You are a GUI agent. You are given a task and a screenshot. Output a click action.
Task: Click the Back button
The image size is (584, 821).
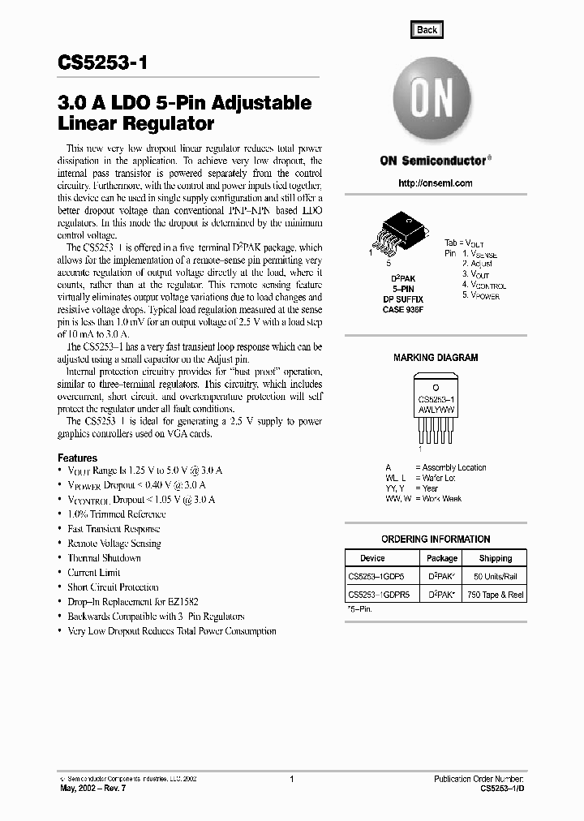click(x=427, y=30)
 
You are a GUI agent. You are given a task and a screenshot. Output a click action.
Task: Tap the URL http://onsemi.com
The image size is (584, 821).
click(x=436, y=183)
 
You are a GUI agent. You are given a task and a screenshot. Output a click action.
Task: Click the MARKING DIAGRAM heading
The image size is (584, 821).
click(x=436, y=357)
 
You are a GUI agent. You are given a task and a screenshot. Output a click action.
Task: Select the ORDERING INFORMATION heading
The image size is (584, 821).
click(x=436, y=539)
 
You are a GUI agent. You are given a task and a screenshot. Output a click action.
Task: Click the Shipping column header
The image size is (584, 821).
click(x=495, y=558)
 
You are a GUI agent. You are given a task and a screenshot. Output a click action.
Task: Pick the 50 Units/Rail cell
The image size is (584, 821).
click(x=495, y=576)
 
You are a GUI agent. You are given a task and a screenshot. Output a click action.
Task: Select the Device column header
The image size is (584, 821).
click(x=372, y=558)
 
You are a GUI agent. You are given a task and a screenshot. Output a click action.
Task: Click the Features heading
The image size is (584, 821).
click(x=77, y=458)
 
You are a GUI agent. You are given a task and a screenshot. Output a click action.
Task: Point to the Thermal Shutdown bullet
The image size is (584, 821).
click(x=104, y=558)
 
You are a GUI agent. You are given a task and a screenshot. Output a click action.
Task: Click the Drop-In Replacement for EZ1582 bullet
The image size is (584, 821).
click(x=133, y=602)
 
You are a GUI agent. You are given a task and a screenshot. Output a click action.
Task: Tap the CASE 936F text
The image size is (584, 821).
click(x=403, y=309)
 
